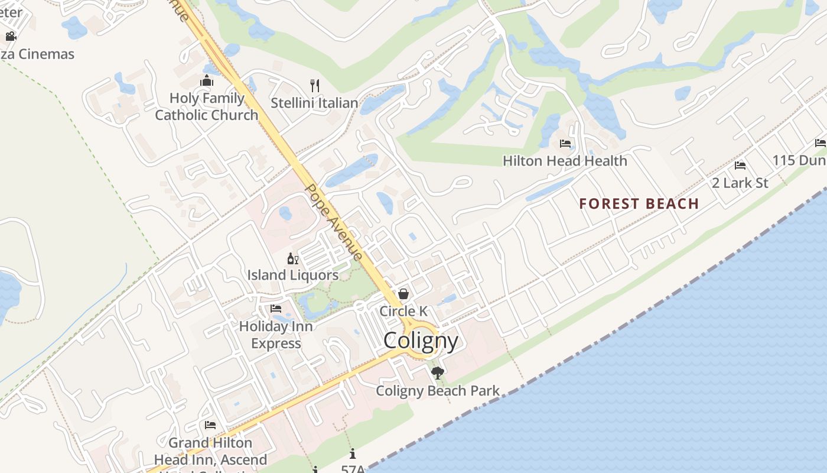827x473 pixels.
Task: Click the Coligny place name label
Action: (x=421, y=341)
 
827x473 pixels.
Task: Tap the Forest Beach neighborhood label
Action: (x=639, y=204)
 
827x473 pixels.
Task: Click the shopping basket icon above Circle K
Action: (x=403, y=294)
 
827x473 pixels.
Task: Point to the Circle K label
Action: (x=403, y=311)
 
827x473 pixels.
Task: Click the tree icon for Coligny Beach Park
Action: (x=438, y=373)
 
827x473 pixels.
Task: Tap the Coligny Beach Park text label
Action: (x=438, y=391)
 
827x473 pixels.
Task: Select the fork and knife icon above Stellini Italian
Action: (x=315, y=86)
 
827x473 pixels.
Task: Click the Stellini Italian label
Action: (x=314, y=103)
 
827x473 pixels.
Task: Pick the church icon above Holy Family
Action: (x=207, y=80)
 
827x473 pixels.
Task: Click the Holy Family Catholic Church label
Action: (x=207, y=106)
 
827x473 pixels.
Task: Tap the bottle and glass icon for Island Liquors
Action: (x=292, y=258)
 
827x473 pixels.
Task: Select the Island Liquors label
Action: (x=292, y=275)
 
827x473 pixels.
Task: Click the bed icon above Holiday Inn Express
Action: (x=276, y=309)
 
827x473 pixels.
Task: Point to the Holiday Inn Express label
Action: (x=276, y=335)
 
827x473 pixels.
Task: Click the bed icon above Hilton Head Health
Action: (x=565, y=143)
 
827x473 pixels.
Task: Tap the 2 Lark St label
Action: (x=740, y=183)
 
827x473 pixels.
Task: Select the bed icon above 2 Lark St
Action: (x=740, y=166)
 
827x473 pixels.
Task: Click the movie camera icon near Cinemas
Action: (x=11, y=37)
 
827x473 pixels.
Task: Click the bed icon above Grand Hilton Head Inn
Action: (x=210, y=425)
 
